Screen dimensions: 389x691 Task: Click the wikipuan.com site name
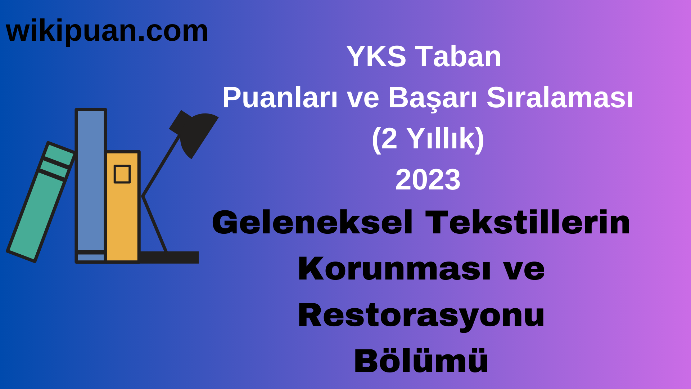(107, 31)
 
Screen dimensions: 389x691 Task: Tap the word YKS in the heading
(376, 57)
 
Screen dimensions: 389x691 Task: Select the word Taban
(458, 57)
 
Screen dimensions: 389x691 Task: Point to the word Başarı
(432, 98)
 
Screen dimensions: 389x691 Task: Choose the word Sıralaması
(560, 98)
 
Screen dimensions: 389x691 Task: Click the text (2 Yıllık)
(428, 139)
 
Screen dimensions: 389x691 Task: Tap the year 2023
(428, 180)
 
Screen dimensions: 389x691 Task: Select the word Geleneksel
(312, 223)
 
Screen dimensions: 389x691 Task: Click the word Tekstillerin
(528, 223)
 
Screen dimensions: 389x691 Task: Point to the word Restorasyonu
(421, 316)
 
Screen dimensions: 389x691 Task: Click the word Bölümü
(421, 361)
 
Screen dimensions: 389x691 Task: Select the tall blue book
(91, 180)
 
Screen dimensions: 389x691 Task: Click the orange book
(122, 216)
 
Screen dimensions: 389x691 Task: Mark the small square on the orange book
(122, 174)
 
